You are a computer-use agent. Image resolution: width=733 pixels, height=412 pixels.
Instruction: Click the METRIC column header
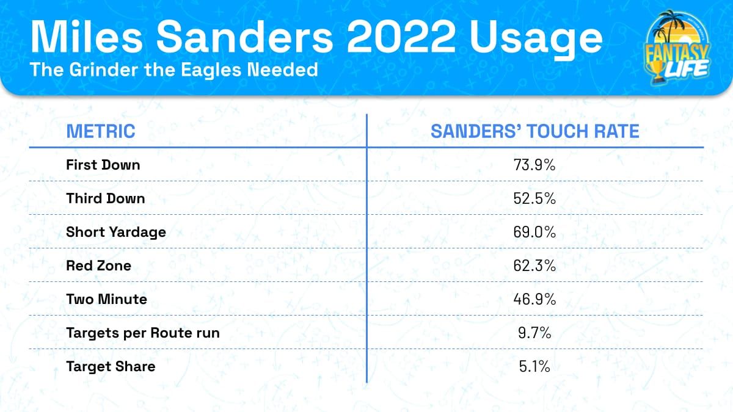pyautogui.click(x=100, y=131)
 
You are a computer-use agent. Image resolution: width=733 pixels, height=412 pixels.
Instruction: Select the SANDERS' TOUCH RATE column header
pyautogui.click(x=535, y=131)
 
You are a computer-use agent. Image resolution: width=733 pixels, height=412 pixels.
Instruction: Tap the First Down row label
pyautogui.click(x=103, y=165)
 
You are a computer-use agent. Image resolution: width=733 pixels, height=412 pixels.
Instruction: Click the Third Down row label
pyautogui.click(x=106, y=198)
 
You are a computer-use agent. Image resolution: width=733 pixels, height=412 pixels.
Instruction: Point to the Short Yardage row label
pyautogui.click(x=116, y=232)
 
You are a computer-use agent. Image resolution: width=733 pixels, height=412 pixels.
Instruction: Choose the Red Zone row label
pyautogui.click(x=99, y=266)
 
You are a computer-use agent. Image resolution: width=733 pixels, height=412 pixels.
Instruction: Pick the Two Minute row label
pyautogui.click(x=106, y=299)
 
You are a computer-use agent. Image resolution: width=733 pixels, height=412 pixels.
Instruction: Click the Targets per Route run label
pyautogui.click(x=143, y=333)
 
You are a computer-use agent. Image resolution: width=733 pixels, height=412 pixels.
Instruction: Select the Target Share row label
pyautogui.click(x=111, y=366)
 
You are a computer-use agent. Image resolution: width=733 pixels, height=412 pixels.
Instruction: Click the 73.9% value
pyautogui.click(x=535, y=165)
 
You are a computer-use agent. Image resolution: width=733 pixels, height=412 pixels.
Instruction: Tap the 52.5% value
pyautogui.click(x=535, y=198)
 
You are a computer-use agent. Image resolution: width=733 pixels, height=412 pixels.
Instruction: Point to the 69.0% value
pyautogui.click(x=535, y=232)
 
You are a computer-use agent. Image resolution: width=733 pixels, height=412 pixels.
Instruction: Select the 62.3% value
pyautogui.click(x=535, y=266)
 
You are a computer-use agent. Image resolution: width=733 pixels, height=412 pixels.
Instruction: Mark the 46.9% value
pyautogui.click(x=535, y=299)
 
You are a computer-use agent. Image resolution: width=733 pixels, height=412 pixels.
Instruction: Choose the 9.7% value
pyautogui.click(x=535, y=333)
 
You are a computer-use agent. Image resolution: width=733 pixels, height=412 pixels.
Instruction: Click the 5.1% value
pyautogui.click(x=535, y=366)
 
